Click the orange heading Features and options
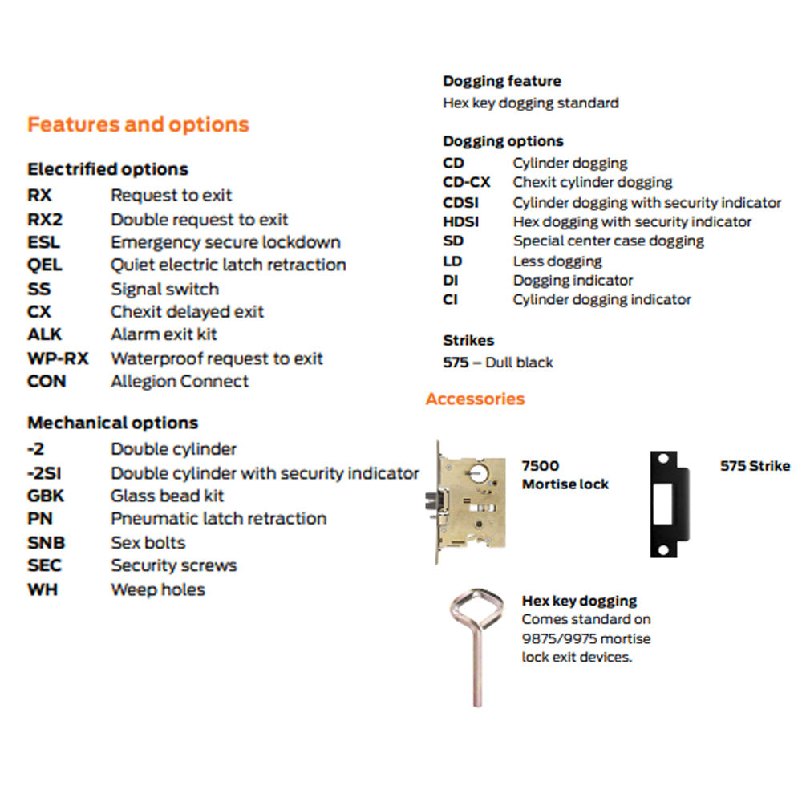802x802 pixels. [x=138, y=125]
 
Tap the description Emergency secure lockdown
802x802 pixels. [x=225, y=242]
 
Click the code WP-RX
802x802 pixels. [x=58, y=358]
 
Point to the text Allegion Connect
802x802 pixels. [x=180, y=382]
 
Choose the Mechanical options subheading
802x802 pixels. [x=112, y=423]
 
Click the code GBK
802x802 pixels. [x=45, y=496]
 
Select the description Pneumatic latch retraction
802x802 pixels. [x=218, y=519]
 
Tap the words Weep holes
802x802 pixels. [x=157, y=589]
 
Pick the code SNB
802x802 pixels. [x=46, y=543]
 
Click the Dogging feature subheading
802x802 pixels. [x=501, y=81]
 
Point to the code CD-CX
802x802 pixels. [x=466, y=183]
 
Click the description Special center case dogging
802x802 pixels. [x=608, y=241]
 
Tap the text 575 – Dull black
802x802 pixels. [x=497, y=363]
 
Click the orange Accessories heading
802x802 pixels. [x=475, y=399]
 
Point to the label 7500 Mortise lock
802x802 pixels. [x=565, y=475]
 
